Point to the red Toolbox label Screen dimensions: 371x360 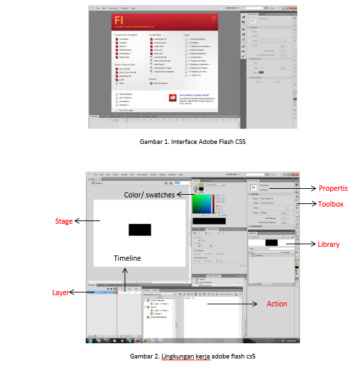click(x=330, y=205)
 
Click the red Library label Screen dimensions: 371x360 click(x=328, y=244)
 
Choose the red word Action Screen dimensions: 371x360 click(x=277, y=304)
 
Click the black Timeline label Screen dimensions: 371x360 click(x=127, y=257)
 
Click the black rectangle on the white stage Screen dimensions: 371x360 click(x=140, y=229)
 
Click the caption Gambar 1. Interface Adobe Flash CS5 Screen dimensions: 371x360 click(x=180, y=141)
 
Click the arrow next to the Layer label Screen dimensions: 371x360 click(x=80, y=292)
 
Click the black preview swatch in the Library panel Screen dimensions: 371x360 click(x=270, y=243)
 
